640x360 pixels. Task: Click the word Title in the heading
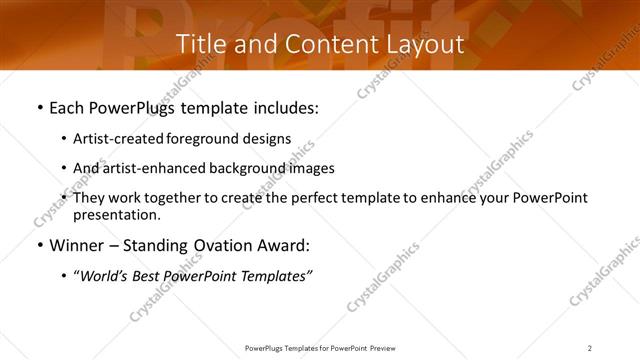click(x=200, y=44)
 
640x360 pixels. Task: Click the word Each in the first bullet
click(x=68, y=107)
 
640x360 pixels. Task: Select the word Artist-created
click(x=121, y=139)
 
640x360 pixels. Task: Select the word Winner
click(x=77, y=245)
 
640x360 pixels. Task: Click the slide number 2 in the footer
click(x=590, y=347)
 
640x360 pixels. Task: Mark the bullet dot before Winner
click(x=39, y=246)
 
